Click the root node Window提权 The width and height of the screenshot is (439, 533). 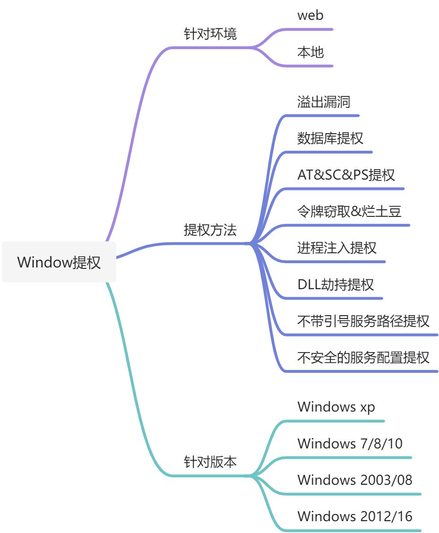[59, 262]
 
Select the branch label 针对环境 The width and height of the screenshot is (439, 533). [210, 34]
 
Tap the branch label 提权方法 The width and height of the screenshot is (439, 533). [210, 230]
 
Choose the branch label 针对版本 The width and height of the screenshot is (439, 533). [210, 462]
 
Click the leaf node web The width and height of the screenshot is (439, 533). [310, 15]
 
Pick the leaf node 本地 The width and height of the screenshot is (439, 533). [310, 52]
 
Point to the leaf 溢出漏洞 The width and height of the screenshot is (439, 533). [324, 102]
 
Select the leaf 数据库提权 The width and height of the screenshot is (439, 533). [330, 138]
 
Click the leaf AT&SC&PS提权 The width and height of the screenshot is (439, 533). [346, 175]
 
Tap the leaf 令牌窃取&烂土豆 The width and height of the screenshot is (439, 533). [349, 211]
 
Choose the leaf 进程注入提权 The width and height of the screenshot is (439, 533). [337, 248]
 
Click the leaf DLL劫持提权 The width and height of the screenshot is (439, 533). [335, 284]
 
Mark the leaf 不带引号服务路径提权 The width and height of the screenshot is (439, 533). [363, 321]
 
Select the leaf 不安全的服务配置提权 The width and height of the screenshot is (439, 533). [363, 357]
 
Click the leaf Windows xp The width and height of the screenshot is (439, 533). [336, 406]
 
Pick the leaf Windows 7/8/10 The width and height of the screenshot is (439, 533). [350, 443]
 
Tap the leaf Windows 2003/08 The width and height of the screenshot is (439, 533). [355, 480]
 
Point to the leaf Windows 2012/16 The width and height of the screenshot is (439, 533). [355, 516]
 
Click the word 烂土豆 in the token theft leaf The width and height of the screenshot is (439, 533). [388, 211]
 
